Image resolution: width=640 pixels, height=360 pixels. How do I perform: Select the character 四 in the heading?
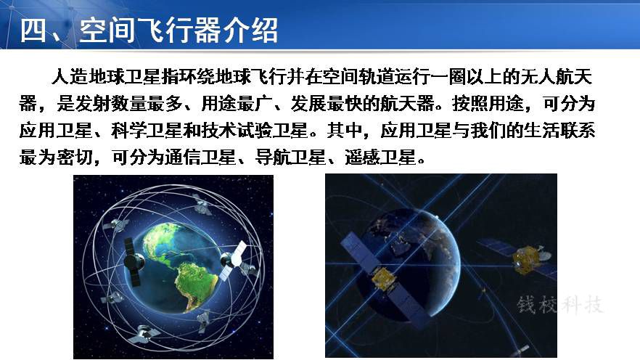pyautogui.click(x=33, y=30)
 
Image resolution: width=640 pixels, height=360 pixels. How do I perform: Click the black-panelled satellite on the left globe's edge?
pyautogui.click(x=134, y=261)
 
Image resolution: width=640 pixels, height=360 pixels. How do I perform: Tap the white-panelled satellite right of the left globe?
pyautogui.click(x=234, y=260)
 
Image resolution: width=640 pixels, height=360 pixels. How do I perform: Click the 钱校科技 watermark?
pyautogui.click(x=560, y=305)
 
